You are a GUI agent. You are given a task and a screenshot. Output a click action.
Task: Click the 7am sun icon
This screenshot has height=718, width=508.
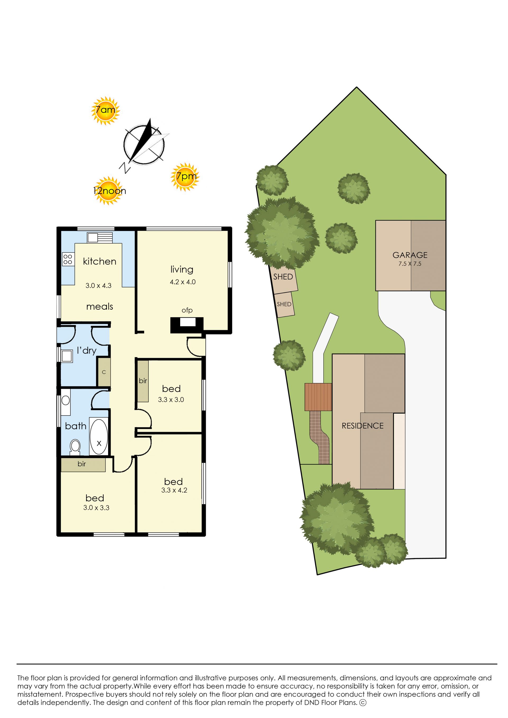pos(105,111)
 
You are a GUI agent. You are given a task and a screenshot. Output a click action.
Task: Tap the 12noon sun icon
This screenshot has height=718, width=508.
pos(108,191)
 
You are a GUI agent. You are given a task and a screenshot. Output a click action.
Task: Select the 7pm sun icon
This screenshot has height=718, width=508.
pos(185,177)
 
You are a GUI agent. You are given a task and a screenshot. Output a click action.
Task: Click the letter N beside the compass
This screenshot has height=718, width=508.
pos(125,168)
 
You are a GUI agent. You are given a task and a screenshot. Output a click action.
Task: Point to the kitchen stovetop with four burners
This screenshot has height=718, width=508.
pos(68,259)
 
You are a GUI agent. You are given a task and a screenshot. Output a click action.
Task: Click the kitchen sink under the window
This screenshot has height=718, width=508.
pos(99,237)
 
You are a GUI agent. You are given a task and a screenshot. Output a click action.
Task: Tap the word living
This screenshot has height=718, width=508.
pos(182,269)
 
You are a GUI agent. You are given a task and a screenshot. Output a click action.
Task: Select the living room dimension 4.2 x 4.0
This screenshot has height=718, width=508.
pos(183,282)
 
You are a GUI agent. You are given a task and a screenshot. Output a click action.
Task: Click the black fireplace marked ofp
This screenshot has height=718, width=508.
pos(187,325)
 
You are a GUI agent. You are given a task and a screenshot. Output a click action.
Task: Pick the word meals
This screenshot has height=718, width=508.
pos(99,306)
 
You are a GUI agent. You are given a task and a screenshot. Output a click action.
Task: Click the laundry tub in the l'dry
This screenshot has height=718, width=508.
pos(67,356)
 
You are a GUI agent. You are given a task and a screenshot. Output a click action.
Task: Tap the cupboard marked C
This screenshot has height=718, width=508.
pos(104,372)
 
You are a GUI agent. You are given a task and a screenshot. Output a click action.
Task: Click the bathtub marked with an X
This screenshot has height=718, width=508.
pos(99,436)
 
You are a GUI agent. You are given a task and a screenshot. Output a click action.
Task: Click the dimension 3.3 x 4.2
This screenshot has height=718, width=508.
pos(174,490)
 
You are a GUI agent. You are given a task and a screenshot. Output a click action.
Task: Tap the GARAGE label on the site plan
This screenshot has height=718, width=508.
pos(410,255)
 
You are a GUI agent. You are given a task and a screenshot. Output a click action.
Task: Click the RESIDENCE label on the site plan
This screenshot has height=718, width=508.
pos(362,426)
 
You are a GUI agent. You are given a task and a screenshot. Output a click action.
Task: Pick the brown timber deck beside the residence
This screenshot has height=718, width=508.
pos(318,397)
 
